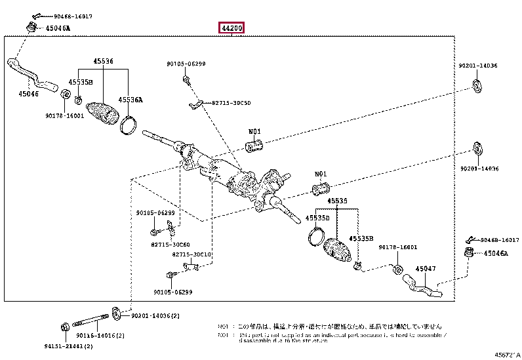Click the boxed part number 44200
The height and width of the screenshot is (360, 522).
point(232,28)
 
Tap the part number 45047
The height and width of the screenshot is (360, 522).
point(426,269)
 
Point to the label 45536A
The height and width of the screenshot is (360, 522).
point(130,100)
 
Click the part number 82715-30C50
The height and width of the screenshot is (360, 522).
point(231,103)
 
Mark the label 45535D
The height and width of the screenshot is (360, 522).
point(317,217)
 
